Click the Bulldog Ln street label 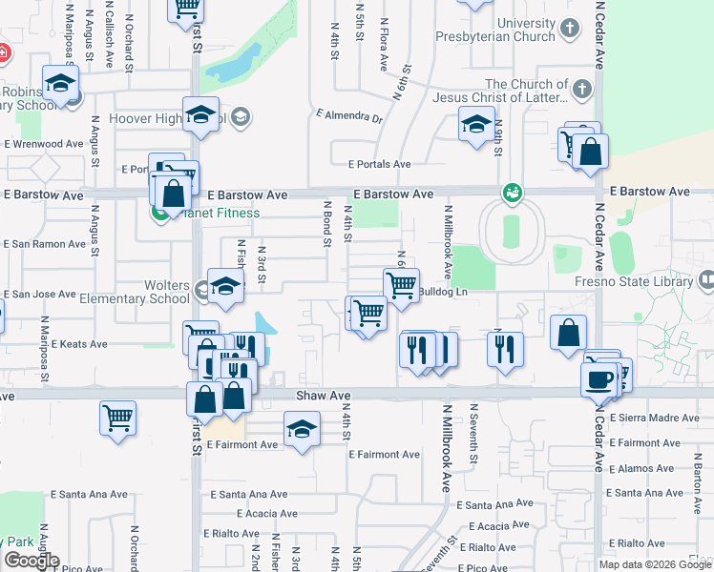click(445, 291)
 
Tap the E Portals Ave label click(379, 164)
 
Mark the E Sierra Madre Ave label click(659, 418)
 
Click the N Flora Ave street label click(384, 44)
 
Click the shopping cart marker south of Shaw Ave click(117, 417)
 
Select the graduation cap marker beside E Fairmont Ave click(302, 428)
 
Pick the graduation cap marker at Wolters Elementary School click(225, 287)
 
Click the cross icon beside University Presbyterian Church click(569, 29)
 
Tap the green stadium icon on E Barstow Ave click(513, 192)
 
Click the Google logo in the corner click(31, 561)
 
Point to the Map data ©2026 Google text click(655, 564)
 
